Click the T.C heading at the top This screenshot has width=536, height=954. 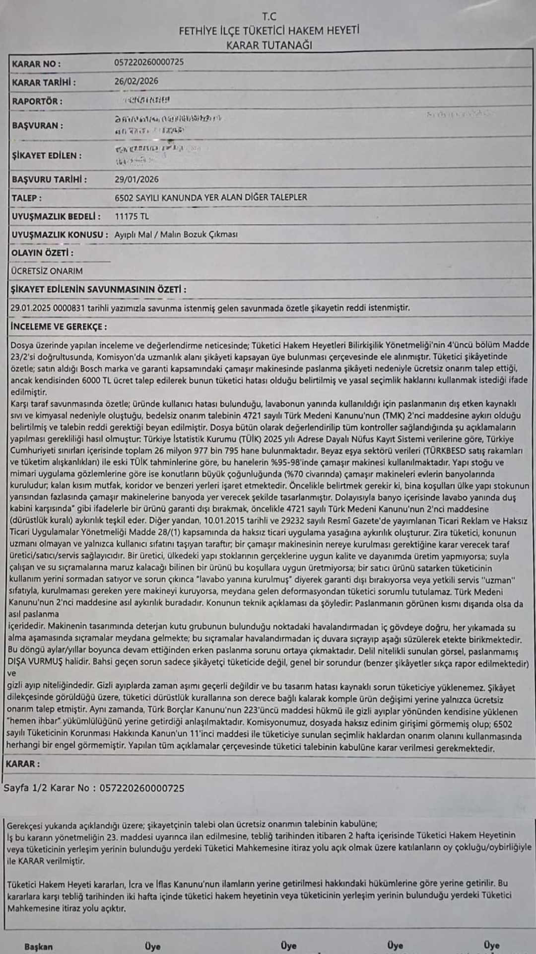pos(269,16)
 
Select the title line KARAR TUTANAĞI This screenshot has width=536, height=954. pos(269,45)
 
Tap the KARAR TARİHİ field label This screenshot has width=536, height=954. pos(44,82)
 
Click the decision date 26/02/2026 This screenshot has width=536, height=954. pos(136,81)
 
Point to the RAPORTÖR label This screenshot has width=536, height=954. pos(37,101)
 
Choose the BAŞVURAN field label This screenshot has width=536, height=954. pos(38,126)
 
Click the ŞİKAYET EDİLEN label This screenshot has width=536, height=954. pos(47,156)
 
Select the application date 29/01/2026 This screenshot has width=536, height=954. pos(136,179)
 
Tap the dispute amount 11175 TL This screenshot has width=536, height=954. pos(132,216)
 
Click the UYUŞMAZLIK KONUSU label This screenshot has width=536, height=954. pos(60,235)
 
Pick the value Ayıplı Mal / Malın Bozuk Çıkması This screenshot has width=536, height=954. pos(176,235)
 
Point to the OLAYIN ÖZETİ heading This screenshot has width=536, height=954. pos(42,253)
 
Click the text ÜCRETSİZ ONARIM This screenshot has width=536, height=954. pos(47,271)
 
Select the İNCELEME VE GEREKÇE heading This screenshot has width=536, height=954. pos(59,326)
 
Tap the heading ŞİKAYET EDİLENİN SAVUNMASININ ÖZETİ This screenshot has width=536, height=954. pos(98,289)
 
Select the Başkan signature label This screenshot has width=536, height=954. pos(38,947)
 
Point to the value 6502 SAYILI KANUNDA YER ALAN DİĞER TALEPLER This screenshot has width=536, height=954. pos(210,198)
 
